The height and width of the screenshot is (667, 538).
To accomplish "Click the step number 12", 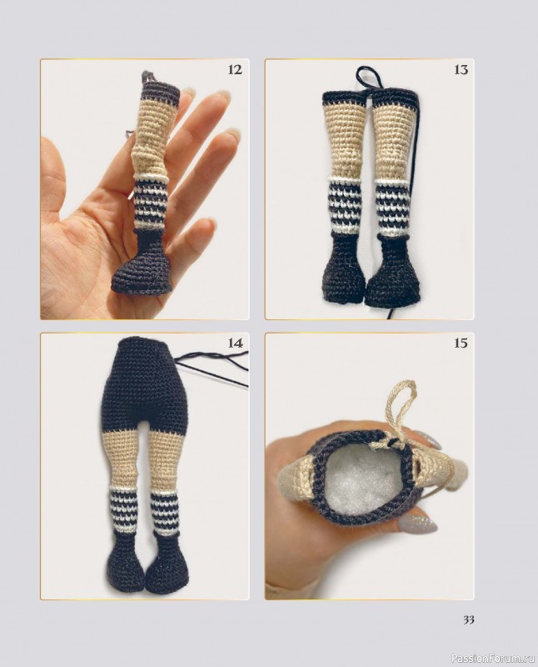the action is point(235,69).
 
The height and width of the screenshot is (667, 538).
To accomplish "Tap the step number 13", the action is point(461,69).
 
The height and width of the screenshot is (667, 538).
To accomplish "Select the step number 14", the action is point(235,343).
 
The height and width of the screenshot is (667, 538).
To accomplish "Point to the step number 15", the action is point(461,343).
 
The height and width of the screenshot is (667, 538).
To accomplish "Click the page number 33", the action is point(468,619).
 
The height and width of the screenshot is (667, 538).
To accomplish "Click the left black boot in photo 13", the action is point(344,269).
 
